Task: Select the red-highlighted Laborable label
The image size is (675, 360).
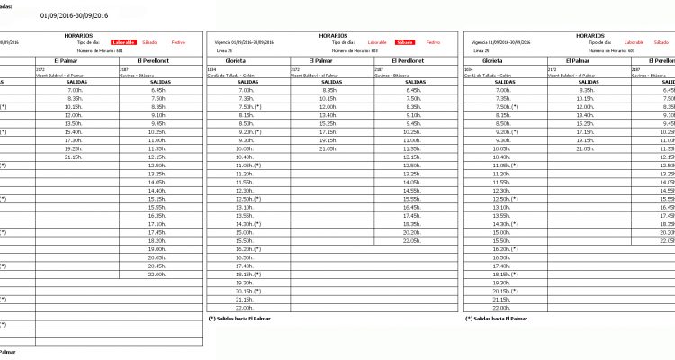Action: click(x=123, y=42)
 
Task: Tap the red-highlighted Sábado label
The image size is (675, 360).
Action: click(x=405, y=42)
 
